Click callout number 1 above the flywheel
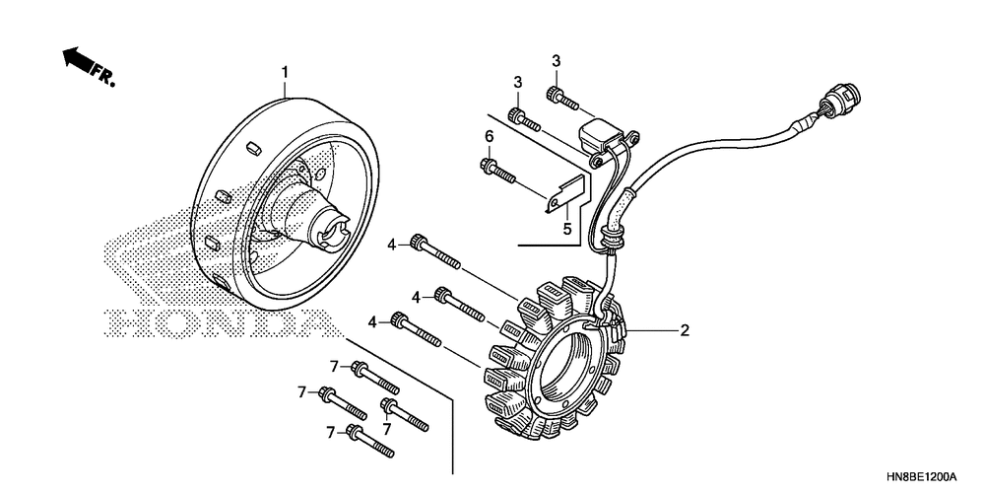coord(285,72)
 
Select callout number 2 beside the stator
coord(683,331)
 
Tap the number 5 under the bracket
coord(566,230)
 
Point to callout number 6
coord(488,136)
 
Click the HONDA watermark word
coord(217,322)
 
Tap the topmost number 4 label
coord(391,244)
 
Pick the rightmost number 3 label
coord(556,61)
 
